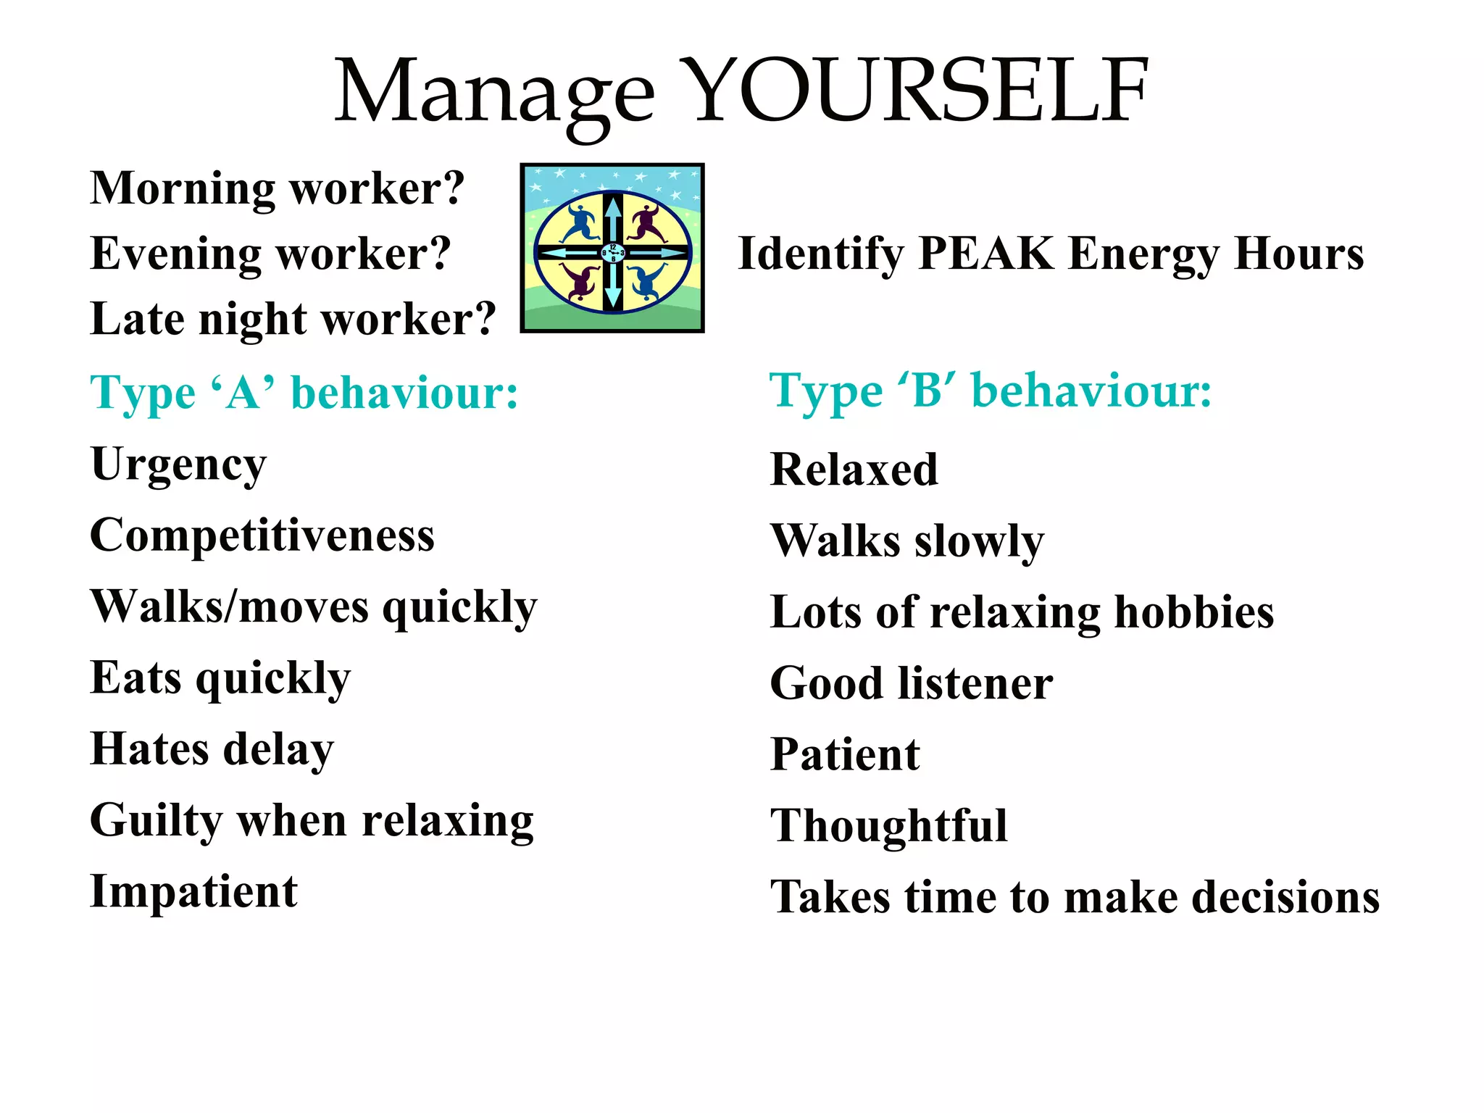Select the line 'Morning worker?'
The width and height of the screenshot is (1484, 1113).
click(x=277, y=188)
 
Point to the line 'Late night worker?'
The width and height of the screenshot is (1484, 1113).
click(x=293, y=319)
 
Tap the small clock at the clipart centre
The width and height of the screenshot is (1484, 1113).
click(x=613, y=253)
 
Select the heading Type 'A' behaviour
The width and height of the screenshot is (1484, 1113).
click(x=304, y=393)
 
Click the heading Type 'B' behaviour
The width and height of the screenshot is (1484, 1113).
click(x=990, y=391)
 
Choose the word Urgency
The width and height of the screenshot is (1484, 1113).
click(x=178, y=465)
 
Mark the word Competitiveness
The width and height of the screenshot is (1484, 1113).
click(x=262, y=535)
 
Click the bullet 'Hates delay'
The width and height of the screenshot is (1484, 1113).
click(x=212, y=749)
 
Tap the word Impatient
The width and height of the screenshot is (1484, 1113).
click(x=193, y=891)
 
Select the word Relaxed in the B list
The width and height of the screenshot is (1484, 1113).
click(x=854, y=470)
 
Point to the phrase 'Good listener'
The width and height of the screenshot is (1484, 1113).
click(x=912, y=683)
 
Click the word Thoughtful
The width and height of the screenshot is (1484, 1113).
click(x=889, y=825)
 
